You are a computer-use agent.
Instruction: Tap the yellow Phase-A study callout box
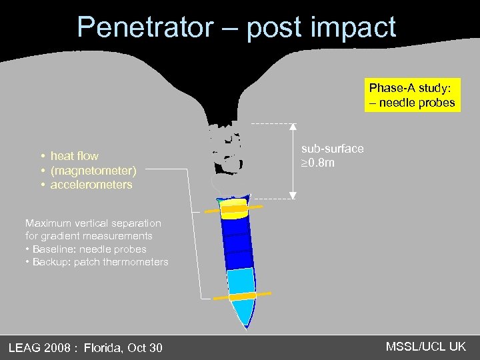412,95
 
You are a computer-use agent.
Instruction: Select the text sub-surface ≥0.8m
332,155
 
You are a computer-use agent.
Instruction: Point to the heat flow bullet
74,156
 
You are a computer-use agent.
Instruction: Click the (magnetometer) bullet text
93,171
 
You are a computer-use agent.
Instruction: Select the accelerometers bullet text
91,185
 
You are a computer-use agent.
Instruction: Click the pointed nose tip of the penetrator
246,327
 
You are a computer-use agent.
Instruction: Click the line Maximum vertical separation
93,223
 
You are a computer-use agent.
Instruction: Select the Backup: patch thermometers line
100,262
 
